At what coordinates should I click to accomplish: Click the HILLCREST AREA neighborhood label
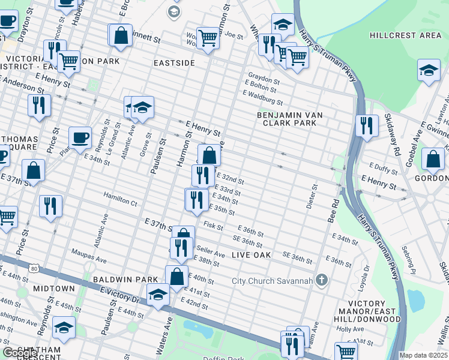(x=405, y=35)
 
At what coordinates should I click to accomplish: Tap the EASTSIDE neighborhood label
(x=174, y=62)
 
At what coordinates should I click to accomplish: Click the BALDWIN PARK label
(x=125, y=280)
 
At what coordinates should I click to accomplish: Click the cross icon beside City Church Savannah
(x=322, y=280)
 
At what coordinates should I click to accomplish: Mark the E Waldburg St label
(x=262, y=94)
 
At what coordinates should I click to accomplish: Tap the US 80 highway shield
(x=35, y=269)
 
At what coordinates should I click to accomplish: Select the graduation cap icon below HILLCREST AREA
(x=429, y=71)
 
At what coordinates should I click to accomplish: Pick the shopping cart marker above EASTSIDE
(x=208, y=38)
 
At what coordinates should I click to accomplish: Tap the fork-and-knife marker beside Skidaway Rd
(x=366, y=125)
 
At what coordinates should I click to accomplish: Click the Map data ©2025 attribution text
(x=424, y=355)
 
